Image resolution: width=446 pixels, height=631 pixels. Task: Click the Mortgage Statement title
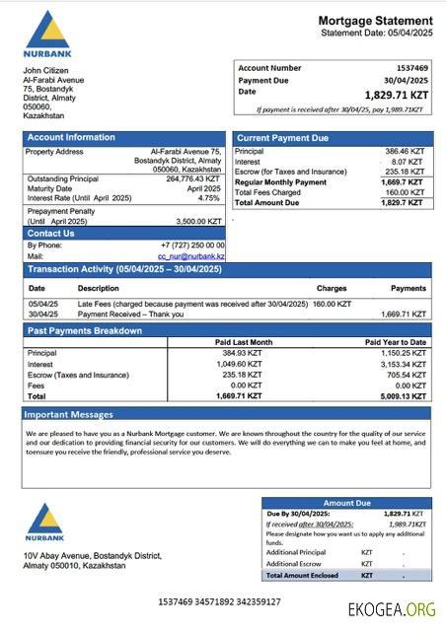pos(375,21)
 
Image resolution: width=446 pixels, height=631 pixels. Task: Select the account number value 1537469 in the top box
pos(408,68)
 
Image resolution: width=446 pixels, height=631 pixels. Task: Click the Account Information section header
pos(71,138)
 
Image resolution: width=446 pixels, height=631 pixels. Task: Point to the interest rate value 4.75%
pos(208,198)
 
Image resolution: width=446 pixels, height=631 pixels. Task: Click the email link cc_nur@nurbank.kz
pos(191,256)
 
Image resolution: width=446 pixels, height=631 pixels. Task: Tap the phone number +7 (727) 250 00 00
pos(192,245)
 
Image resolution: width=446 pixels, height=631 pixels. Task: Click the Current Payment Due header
pos(283,138)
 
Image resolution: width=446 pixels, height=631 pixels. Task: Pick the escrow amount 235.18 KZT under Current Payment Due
pos(403,172)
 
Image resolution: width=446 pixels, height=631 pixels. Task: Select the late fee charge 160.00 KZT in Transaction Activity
pos(332,304)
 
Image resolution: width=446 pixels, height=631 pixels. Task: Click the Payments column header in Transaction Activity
pos(409,288)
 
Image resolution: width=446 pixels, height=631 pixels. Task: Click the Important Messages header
pos(69,414)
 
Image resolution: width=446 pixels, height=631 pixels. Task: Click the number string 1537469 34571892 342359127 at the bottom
pos(219,601)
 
